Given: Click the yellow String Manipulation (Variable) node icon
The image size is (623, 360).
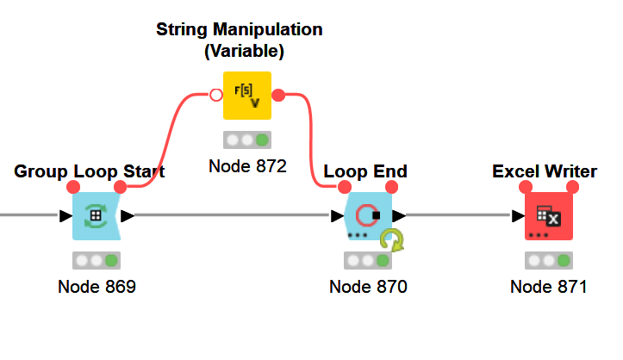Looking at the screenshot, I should click(x=246, y=95).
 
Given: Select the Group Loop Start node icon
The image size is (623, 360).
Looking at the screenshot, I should click(x=96, y=215).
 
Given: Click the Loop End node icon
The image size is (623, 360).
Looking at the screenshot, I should click(x=368, y=215).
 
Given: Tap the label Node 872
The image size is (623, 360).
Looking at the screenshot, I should click(x=246, y=165).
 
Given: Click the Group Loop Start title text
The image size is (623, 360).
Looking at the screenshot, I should click(x=90, y=171).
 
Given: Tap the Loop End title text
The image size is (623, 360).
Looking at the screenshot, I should click(x=365, y=171).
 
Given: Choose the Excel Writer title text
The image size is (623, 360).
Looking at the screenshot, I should click(x=545, y=171).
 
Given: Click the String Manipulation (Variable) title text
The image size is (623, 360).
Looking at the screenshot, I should click(x=240, y=40).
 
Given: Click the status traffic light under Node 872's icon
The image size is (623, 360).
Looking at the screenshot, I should click(x=246, y=139).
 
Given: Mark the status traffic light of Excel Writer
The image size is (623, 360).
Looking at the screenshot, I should click(x=548, y=260).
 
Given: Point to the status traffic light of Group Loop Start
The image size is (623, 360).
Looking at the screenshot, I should click(x=96, y=260).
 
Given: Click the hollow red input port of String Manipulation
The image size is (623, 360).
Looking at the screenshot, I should click(x=215, y=94).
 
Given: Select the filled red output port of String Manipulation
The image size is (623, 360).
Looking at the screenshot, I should click(x=278, y=94).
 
